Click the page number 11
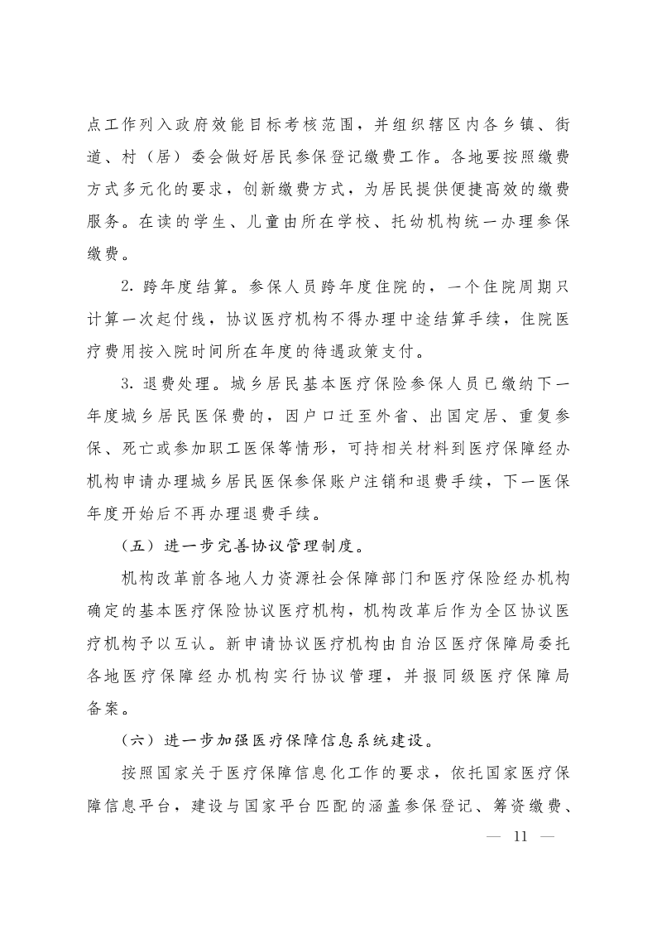[x=520, y=835]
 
